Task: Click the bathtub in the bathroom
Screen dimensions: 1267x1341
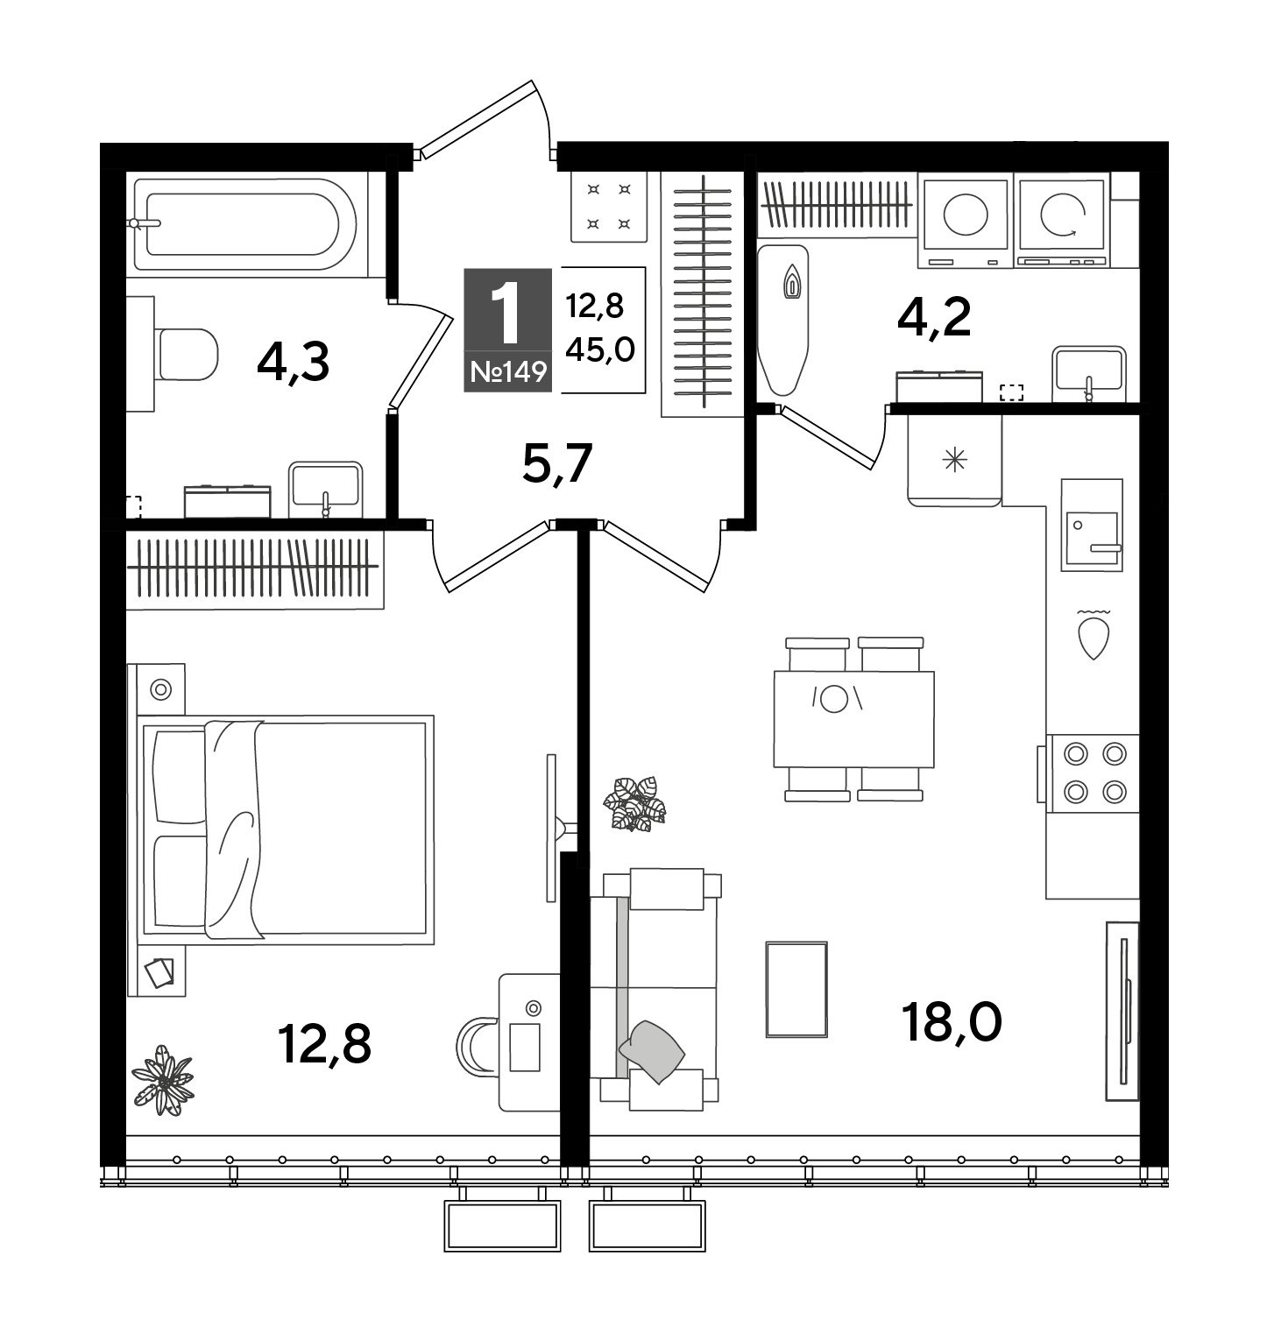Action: click(x=243, y=224)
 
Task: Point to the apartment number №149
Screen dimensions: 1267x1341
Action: click(x=508, y=372)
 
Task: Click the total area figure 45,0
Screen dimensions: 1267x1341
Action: click(x=600, y=349)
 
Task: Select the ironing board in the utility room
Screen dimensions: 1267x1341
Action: click(x=782, y=319)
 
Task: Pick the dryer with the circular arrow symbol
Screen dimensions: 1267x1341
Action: click(x=1062, y=219)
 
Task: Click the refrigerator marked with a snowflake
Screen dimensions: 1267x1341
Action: click(x=954, y=459)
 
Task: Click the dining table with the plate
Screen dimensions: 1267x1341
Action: click(x=853, y=718)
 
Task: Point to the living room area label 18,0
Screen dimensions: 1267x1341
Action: click(x=952, y=1022)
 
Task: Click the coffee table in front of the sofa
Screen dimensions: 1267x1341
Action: click(x=796, y=989)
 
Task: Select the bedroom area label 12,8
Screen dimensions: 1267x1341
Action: click(x=324, y=1042)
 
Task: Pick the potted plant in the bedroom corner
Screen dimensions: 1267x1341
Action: click(x=163, y=1080)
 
